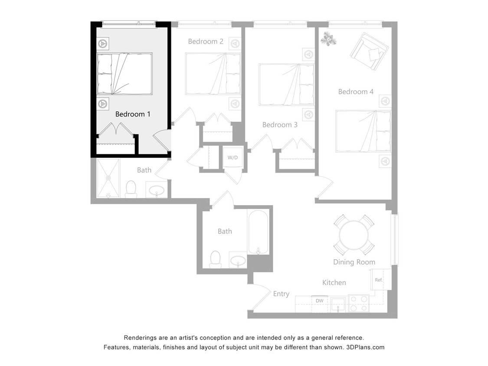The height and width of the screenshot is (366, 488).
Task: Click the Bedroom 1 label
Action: tap(133, 114)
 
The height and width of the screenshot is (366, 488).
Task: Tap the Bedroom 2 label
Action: tap(206, 42)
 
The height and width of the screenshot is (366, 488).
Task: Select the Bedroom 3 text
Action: tap(280, 125)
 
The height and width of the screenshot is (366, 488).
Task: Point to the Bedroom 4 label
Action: tap(356, 92)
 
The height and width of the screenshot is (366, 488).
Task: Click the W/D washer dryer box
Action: tap(233, 157)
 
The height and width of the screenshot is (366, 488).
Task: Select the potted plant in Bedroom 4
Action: tap(328, 39)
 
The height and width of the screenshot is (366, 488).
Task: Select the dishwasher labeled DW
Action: tap(319, 301)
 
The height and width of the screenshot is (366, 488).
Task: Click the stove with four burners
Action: tap(358, 303)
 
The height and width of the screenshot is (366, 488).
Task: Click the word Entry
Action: tap(281, 294)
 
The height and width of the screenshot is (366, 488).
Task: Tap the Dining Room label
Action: tap(354, 262)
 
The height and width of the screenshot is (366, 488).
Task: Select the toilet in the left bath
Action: tap(131, 189)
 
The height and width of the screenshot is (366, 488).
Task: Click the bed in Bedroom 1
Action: tap(124, 74)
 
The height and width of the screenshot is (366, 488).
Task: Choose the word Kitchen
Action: tap(334, 283)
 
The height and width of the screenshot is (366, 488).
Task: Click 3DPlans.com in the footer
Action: tap(365, 347)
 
